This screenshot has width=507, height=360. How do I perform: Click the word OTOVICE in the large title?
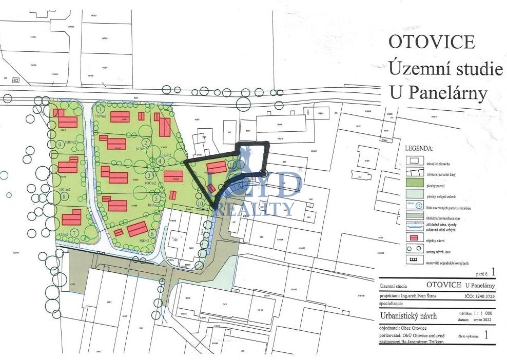click(x=432, y=42)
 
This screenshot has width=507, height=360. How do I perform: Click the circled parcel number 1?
click(x=101, y=108)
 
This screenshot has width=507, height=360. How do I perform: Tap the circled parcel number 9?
click(x=61, y=145)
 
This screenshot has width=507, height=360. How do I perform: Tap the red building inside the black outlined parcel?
click(x=216, y=168)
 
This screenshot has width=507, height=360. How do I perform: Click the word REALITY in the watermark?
click(x=254, y=209)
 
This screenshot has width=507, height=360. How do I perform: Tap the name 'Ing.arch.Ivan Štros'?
click(x=422, y=296)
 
